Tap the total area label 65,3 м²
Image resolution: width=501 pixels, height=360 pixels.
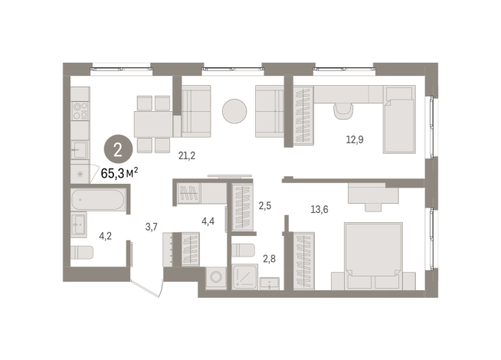tap(120, 173)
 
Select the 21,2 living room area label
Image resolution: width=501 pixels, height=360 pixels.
tap(187, 156)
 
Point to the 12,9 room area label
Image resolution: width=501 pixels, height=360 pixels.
tap(354, 139)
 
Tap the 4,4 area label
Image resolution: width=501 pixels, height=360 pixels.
tap(208, 222)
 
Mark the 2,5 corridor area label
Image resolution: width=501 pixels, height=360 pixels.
tap(265, 205)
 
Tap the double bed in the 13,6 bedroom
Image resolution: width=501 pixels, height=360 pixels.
tap(374, 255)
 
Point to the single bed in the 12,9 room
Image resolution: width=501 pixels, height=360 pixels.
tap(399, 119)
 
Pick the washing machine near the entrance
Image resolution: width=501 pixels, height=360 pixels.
tap(215, 278)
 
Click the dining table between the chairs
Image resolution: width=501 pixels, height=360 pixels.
tap(153, 123)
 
